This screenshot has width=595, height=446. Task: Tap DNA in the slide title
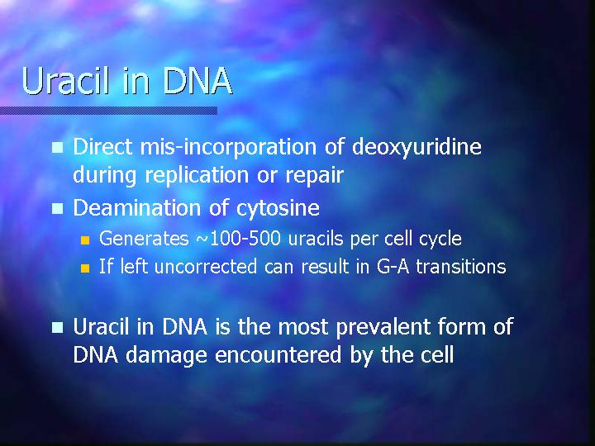198,81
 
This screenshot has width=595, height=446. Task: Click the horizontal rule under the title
108,111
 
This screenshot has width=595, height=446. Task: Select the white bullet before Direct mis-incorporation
57,148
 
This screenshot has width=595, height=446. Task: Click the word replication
197,176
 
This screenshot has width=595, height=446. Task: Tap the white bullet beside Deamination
57,209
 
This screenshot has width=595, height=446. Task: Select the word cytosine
278,208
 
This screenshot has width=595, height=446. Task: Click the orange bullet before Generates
85,240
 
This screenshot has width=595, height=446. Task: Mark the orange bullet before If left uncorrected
85,268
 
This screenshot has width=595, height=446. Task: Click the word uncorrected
206,267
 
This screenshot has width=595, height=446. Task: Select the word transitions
461,267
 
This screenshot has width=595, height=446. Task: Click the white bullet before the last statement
57,327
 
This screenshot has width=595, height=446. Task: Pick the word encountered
278,355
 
